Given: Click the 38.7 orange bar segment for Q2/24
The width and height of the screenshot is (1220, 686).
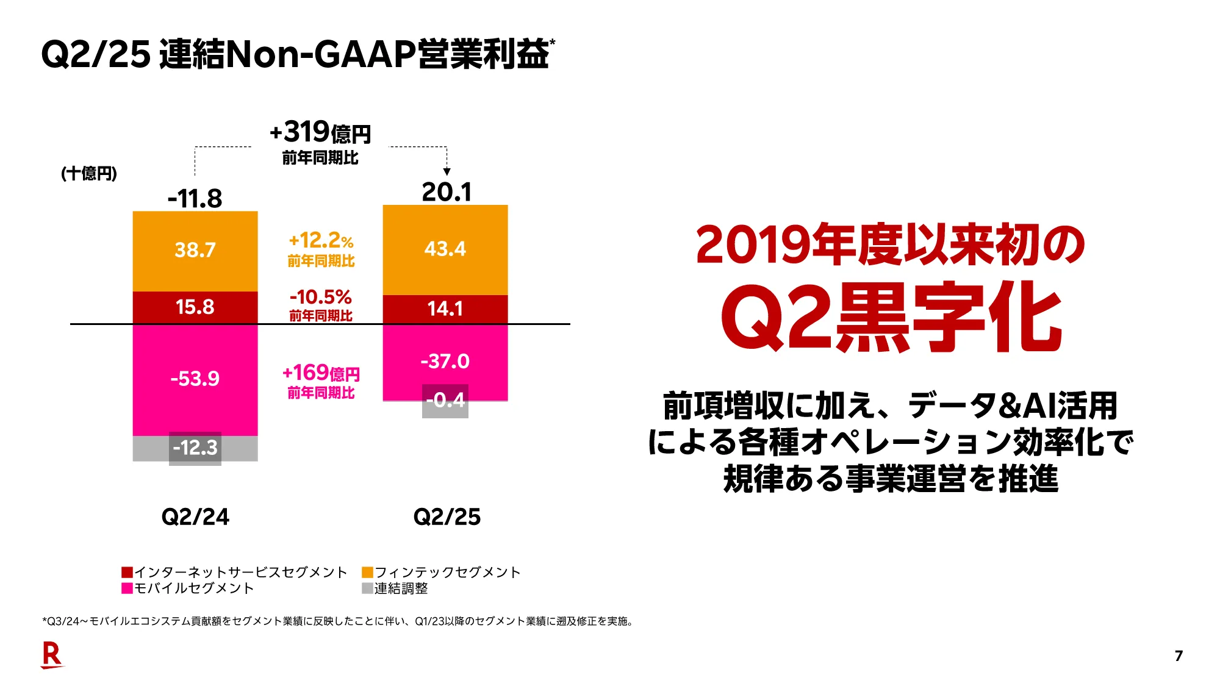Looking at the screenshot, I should [x=195, y=251].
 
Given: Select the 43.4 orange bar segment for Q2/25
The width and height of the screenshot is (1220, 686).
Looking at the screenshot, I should [x=445, y=249].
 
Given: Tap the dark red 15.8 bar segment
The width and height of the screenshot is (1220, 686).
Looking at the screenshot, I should [x=195, y=307].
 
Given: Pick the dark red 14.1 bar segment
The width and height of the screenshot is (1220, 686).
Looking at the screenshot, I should [x=445, y=309].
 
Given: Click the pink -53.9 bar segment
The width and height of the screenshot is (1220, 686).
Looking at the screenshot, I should [x=195, y=379].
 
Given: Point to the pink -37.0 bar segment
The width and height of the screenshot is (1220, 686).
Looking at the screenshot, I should [x=445, y=361].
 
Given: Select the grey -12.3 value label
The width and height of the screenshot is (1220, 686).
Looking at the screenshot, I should [x=195, y=448].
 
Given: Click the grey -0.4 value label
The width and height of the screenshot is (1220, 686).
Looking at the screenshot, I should [x=445, y=401].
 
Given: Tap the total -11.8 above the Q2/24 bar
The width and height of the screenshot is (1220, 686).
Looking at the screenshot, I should [x=195, y=199].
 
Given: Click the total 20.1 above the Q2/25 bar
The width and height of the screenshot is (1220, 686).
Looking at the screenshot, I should [x=447, y=192].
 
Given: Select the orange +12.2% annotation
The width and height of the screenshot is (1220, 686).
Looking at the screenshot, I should [x=321, y=241].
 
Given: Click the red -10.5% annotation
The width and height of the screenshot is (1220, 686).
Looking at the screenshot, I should [x=321, y=298].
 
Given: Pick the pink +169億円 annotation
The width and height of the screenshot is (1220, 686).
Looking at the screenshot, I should [x=321, y=373].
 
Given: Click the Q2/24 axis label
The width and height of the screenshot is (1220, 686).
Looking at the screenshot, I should [x=195, y=517].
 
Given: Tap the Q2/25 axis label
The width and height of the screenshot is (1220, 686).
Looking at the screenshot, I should [x=447, y=517].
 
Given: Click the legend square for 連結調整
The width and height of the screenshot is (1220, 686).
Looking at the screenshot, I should [x=367, y=588].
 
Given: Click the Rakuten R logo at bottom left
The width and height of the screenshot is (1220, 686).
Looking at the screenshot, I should [x=52, y=656].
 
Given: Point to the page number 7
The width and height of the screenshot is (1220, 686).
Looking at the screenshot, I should [x=1179, y=656].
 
